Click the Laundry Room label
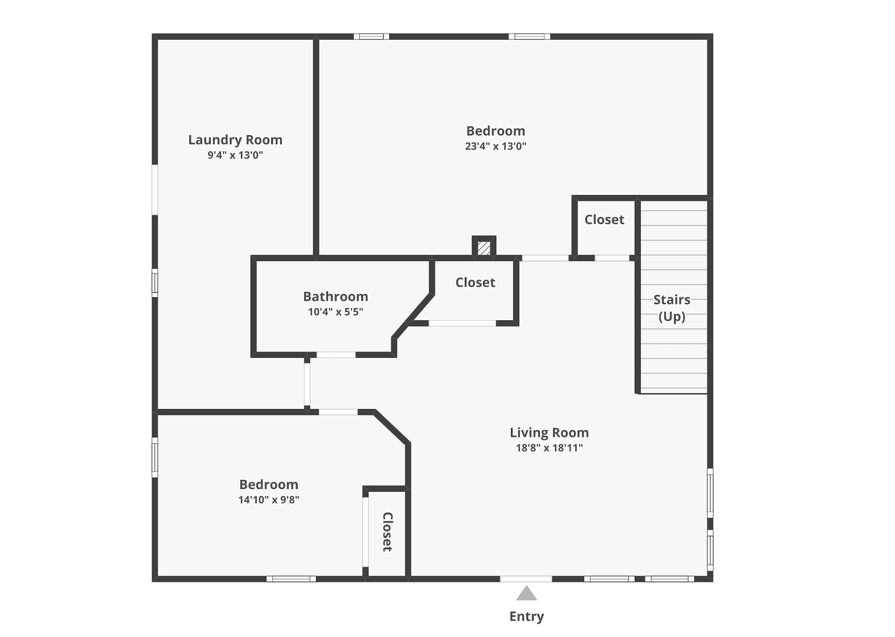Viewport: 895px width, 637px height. [235, 140]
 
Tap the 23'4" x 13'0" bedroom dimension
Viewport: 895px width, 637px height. [495, 146]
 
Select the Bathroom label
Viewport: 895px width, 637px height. [335, 296]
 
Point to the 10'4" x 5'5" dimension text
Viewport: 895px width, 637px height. [335, 312]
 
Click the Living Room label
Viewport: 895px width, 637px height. [549, 433]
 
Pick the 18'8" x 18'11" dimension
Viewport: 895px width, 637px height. [549, 448]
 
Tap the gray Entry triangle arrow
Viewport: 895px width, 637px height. [526, 594]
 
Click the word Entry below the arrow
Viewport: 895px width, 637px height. [526, 616]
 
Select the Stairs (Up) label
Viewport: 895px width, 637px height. [672, 308]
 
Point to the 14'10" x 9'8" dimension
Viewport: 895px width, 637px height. [269, 500]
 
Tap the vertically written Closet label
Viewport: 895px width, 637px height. [388, 532]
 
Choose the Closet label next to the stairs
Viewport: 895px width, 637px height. [604, 220]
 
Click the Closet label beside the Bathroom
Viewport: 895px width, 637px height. [475, 282]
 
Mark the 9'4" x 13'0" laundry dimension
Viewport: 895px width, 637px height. [235, 155]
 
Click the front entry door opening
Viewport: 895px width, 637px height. [526, 579]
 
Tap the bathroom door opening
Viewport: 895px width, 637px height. [336, 355]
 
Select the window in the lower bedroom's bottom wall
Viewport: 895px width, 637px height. [291, 579]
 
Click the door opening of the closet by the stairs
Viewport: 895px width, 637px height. [612, 258]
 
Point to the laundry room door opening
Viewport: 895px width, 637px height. [307, 383]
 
